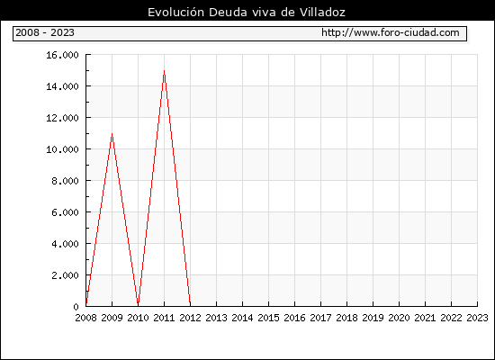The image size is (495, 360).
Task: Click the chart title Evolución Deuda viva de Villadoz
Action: click(247, 13)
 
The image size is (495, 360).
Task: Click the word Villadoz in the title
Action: click(322, 13)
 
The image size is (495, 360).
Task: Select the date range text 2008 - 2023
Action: click(45, 32)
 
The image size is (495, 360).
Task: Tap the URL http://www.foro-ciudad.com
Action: click(391, 32)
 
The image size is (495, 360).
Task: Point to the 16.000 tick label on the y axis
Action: click(62, 55)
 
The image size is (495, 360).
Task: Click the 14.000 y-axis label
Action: click(62, 86)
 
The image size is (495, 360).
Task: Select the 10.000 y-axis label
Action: click(62, 149)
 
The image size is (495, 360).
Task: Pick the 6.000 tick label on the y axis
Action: click(66, 212)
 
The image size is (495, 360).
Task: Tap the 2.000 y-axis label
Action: click(66, 275)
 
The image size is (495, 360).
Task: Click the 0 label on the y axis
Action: click(76, 307)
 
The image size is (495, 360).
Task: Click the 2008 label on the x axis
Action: click(85, 318)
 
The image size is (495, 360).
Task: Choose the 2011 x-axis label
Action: click(164, 318)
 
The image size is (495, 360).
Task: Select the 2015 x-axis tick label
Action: click(269, 318)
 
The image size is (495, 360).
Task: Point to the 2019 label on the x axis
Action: click(373, 318)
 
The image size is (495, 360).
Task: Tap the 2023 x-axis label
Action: click(477, 318)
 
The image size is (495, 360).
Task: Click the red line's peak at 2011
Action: click(164, 70)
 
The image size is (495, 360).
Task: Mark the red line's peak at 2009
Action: click(112, 133)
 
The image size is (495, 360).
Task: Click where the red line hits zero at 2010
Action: click(138, 305)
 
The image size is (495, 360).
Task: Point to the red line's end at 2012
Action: click(190, 305)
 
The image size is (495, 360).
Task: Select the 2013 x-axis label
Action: click(216, 318)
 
